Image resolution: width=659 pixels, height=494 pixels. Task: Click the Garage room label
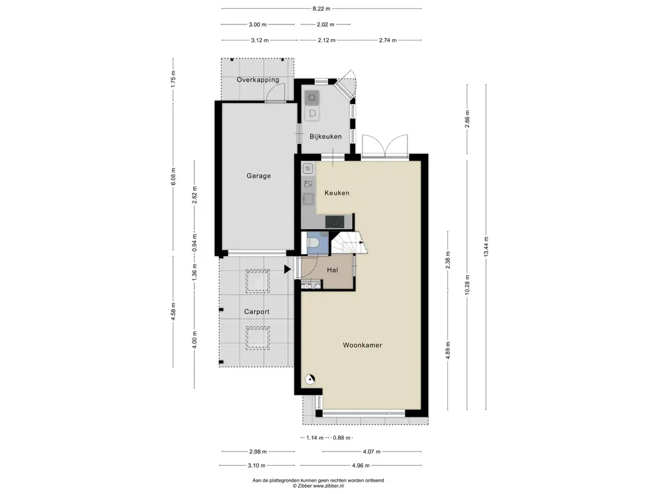click(x=259, y=176)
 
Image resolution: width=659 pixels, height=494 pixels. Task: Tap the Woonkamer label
click(x=362, y=345)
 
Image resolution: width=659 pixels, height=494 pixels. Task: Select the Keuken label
click(x=337, y=193)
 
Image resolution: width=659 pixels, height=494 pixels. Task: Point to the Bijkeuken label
click(x=326, y=136)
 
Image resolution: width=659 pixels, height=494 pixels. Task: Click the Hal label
click(x=333, y=270)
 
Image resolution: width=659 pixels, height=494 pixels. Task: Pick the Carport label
click(x=257, y=312)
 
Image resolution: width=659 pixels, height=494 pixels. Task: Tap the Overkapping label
click(x=257, y=80)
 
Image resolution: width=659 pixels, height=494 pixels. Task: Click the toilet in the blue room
click(x=312, y=242)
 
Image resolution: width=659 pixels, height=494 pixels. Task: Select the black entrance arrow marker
click(x=288, y=270)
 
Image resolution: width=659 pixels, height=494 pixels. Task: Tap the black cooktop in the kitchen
click(x=335, y=221)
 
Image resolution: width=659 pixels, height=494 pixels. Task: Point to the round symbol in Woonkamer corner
click(x=310, y=380)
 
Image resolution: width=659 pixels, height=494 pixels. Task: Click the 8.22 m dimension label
click(x=322, y=8)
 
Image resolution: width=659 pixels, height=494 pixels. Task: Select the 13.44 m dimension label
click(x=486, y=246)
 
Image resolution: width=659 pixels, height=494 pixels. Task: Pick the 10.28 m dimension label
click(x=467, y=285)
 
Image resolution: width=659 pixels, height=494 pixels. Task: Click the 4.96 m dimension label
click(x=361, y=466)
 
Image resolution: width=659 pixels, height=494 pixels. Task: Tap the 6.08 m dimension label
click(x=173, y=176)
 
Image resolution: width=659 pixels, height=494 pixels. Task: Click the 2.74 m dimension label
click(x=387, y=41)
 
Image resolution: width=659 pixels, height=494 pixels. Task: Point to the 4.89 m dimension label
click(x=448, y=350)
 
